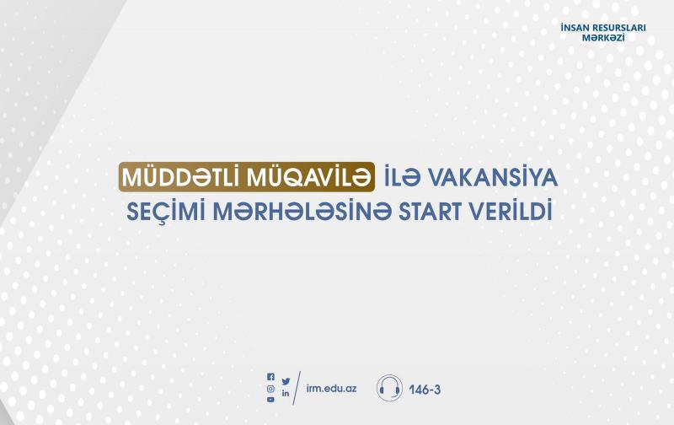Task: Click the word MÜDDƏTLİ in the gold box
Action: (182, 177)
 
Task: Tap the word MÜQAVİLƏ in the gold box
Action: (308, 177)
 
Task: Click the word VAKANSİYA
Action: (492, 177)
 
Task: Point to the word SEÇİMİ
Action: (166, 210)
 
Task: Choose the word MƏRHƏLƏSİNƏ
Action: (302, 210)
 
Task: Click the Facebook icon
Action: (270, 377)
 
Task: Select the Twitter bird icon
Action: (286, 381)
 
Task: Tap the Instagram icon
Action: (270, 389)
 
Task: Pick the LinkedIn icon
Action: (286, 393)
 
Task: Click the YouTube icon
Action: (270, 400)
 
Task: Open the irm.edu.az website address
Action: (331, 388)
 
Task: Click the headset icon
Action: (389, 388)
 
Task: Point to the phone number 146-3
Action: (425, 390)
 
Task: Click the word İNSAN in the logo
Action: (575, 28)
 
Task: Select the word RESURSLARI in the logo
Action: (619, 28)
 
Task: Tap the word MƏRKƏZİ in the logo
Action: (603, 37)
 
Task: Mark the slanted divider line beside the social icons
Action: (297, 388)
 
